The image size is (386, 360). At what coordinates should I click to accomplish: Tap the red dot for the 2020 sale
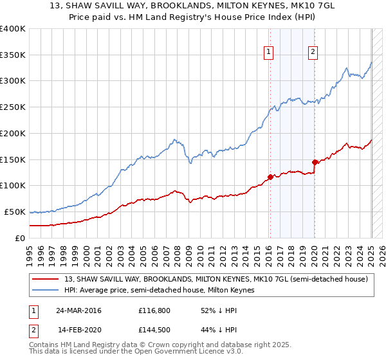click(x=315, y=162)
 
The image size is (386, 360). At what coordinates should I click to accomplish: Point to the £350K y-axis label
click(x=13, y=55)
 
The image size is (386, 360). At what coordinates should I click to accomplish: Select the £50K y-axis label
click(x=15, y=212)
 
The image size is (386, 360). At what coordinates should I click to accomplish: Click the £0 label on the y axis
click(x=21, y=238)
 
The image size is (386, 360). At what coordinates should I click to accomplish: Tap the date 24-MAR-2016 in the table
click(x=78, y=310)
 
